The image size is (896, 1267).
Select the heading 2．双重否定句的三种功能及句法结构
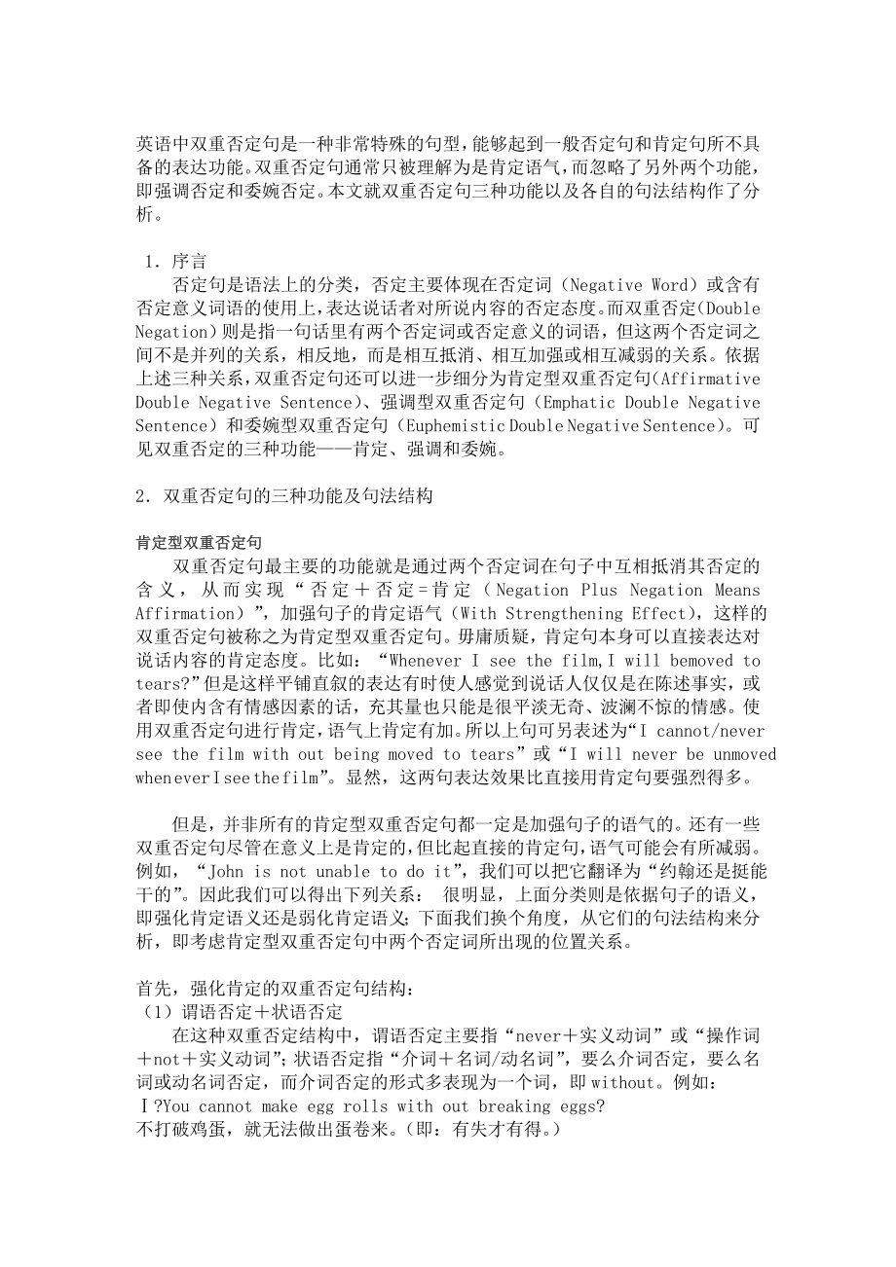coord(283,496)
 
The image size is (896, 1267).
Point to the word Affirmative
coord(709,379)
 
